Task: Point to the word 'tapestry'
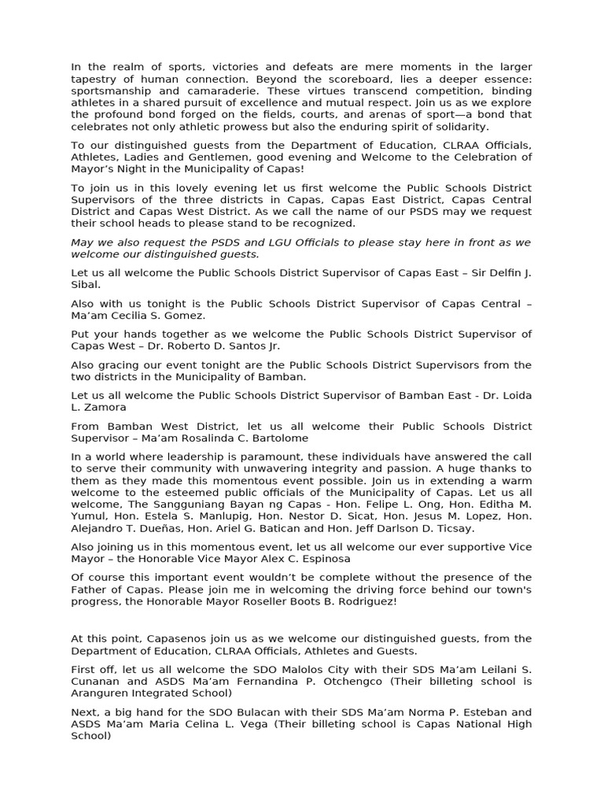[95, 79]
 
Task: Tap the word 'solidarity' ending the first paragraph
[481, 127]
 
